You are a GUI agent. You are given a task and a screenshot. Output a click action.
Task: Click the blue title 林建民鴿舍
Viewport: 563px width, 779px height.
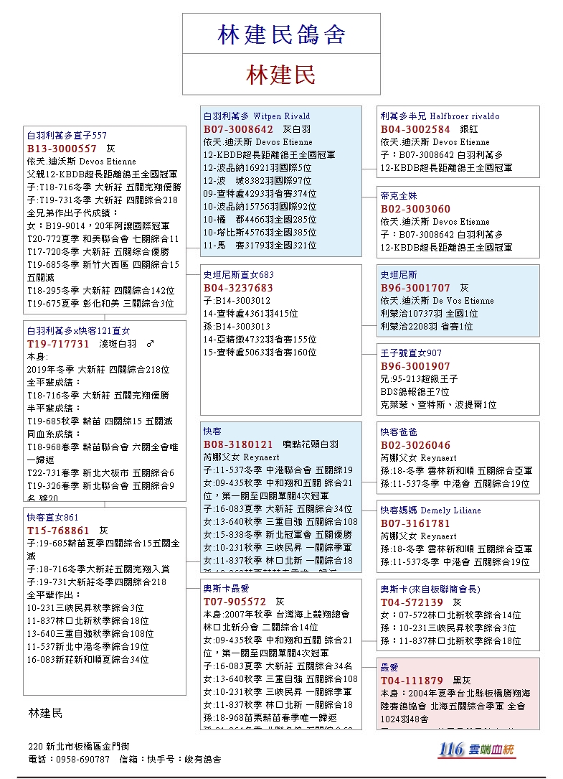pyautogui.click(x=281, y=34)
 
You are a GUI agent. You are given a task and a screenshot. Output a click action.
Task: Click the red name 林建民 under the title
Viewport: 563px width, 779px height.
pyautogui.click(x=281, y=75)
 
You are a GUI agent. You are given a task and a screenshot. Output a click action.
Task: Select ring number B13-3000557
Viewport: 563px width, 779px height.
pyautogui.click(x=62, y=149)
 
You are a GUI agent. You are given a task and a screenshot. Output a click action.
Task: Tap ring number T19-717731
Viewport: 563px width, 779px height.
pyautogui.click(x=58, y=344)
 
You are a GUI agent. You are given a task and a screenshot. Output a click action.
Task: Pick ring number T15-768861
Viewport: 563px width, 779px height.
pyautogui.click(x=58, y=531)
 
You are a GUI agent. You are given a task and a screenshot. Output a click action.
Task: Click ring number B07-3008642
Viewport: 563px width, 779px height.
pyautogui.click(x=238, y=129)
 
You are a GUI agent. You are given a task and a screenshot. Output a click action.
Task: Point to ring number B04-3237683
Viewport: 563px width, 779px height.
pyautogui.click(x=238, y=288)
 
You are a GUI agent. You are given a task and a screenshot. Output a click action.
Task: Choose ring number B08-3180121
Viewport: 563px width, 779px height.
pyautogui.click(x=238, y=444)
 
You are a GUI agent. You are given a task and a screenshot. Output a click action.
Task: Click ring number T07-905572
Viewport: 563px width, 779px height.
pyautogui.click(x=235, y=602)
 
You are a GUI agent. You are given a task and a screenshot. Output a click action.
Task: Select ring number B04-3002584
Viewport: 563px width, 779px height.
pyautogui.click(x=415, y=129)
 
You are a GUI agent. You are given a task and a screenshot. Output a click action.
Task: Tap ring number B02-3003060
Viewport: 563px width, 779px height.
pyautogui.click(x=415, y=209)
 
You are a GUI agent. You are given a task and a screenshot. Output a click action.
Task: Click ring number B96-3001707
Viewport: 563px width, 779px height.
pyautogui.click(x=415, y=288)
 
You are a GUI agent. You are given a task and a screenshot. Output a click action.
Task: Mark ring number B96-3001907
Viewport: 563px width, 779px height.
pyautogui.click(x=415, y=366)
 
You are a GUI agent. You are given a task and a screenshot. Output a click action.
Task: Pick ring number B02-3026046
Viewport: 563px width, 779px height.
pyautogui.click(x=415, y=445)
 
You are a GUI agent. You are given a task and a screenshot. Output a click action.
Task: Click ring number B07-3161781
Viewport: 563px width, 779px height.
pyautogui.click(x=415, y=523)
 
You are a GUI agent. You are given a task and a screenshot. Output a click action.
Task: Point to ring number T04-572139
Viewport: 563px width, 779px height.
pyautogui.click(x=412, y=602)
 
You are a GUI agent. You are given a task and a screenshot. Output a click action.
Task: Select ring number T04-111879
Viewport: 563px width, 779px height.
pyautogui.click(x=412, y=681)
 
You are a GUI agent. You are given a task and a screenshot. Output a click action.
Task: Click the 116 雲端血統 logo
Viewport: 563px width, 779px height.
pyautogui.click(x=477, y=750)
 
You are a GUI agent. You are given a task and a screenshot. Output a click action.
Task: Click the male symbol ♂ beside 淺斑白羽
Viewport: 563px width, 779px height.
pyautogui.click(x=150, y=344)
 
